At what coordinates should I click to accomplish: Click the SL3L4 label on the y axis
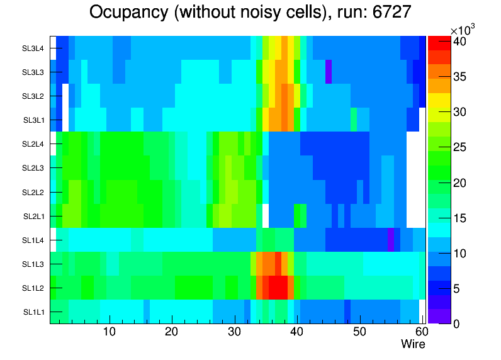click(x=34, y=48)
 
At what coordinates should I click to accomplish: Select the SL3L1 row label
click(x=34, y=120)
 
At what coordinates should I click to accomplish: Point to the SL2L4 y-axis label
click(x=34, y=144)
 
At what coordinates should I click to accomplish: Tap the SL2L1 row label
click(x=34, y=216)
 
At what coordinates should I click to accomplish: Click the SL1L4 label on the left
click(x=34, y=240)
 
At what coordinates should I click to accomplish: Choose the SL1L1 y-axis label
click(x=34, y=312)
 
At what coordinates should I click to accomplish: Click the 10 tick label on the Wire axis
click(x=110, y=332)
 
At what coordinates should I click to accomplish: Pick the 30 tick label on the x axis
click(x=234, y=332)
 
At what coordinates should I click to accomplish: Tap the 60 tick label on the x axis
click(x=421, y=332)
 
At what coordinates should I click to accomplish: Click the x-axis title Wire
click(x=413, y=344)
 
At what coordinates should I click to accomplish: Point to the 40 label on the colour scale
click(x=459, y=43)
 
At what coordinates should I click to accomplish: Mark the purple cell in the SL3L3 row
click(x=329, y=72)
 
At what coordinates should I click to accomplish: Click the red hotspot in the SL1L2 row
click(x=278, y=288)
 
